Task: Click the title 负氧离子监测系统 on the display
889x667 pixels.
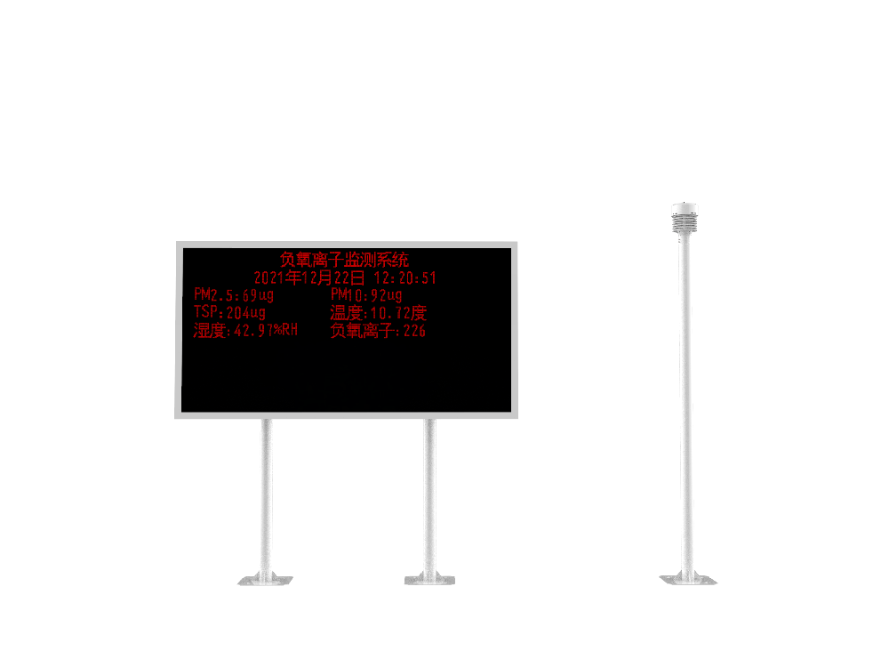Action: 345,260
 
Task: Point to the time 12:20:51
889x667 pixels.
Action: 404,278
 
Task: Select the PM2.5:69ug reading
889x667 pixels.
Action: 234,295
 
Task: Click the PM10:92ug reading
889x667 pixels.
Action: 366,295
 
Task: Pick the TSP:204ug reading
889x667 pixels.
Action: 229,313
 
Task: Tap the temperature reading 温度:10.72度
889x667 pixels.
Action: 379,313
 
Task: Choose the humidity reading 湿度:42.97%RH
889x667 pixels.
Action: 245,331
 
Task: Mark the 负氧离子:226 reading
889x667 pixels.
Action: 378,331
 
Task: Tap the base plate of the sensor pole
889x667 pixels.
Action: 687,580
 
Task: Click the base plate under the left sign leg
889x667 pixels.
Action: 265,581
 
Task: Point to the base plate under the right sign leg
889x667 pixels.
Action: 430,581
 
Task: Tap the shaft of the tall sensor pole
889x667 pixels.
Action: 685,400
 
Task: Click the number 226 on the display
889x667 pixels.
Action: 414,331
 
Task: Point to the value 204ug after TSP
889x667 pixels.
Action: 246,313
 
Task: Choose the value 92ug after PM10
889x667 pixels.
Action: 387,295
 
